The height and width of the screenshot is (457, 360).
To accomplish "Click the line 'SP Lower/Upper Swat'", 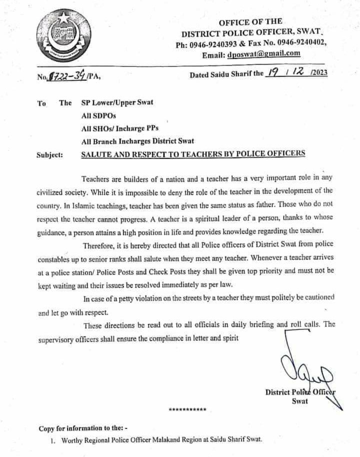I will coord(117,103).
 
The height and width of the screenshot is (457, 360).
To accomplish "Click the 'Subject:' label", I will coord(50,154).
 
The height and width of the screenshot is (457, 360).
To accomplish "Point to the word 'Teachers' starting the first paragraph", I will coord(95,179).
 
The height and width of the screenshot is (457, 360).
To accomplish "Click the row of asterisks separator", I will coord(187,410).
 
